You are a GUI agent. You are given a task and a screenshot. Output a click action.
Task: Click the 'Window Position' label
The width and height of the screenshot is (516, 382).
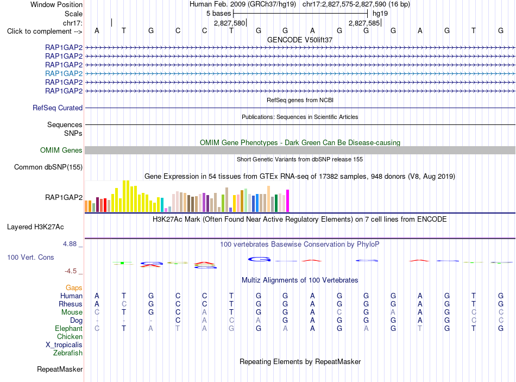point(56,4)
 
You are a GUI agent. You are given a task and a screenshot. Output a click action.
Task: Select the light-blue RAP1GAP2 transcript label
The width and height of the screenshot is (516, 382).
point(64,73)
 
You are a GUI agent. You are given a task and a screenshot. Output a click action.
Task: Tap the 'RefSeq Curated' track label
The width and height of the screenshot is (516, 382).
point(58,108)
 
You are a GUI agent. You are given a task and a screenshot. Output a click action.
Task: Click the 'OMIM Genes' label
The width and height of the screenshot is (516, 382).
point(61,150)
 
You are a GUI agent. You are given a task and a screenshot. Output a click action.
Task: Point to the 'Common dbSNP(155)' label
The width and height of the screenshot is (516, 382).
point(48,167)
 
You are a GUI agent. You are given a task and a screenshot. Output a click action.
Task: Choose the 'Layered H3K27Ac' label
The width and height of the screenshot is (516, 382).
point(35,227)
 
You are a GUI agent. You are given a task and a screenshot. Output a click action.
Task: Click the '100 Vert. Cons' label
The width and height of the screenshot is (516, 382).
point(30,257)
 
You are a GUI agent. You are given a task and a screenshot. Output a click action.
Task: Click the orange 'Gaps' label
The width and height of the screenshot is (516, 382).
point(74,288)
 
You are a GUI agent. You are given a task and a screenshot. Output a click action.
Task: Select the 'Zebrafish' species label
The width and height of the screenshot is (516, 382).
point(68,353)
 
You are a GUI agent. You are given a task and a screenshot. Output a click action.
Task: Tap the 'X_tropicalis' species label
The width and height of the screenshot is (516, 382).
point(64,345)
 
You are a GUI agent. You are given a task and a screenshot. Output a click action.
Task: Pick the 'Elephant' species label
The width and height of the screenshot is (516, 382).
point(69,328)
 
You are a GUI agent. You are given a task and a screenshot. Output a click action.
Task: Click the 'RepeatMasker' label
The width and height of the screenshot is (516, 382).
point(60,369)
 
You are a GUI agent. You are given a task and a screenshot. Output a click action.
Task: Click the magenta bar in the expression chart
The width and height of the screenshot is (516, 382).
point(288,201)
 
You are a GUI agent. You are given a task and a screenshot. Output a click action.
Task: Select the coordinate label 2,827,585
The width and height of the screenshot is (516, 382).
point(364,23)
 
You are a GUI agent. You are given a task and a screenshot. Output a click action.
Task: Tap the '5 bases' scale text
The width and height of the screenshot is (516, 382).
point(219,14)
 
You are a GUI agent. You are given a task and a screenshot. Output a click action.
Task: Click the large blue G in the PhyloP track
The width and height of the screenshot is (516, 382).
point(259,260)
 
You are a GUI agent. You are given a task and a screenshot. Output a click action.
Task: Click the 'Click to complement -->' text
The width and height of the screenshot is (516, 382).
point(45,32)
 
